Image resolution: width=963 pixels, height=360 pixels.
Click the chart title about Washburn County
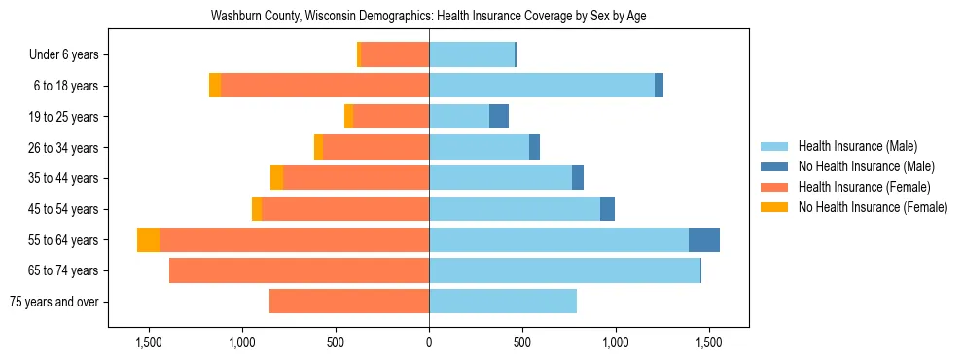[428, 16]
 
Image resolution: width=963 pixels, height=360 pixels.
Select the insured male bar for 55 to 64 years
[558, 240]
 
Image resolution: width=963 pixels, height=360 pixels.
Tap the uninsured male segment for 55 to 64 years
[703, 240]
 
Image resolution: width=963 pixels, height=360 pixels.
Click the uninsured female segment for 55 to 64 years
[148, 240]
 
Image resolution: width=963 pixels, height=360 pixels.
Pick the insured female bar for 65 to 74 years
[299, 270]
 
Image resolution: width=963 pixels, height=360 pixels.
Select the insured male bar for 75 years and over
[502, 302]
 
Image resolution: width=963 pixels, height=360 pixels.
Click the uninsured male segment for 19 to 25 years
[498, 117]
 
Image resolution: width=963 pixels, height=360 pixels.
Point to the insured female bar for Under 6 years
[395, 55]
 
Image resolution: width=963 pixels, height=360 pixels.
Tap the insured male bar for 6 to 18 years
[542, 86]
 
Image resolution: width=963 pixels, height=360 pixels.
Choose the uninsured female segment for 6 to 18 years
[215, 86]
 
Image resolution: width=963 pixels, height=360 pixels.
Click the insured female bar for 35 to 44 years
[356, 178]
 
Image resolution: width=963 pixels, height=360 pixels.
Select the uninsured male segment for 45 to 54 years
[607, 209]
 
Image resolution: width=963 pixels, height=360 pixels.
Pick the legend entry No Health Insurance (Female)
[872, 207]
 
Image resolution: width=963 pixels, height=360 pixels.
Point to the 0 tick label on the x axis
[429, 342]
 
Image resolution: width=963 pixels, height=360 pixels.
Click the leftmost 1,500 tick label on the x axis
[149, 342]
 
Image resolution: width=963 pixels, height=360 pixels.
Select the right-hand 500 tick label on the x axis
[522, 342]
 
